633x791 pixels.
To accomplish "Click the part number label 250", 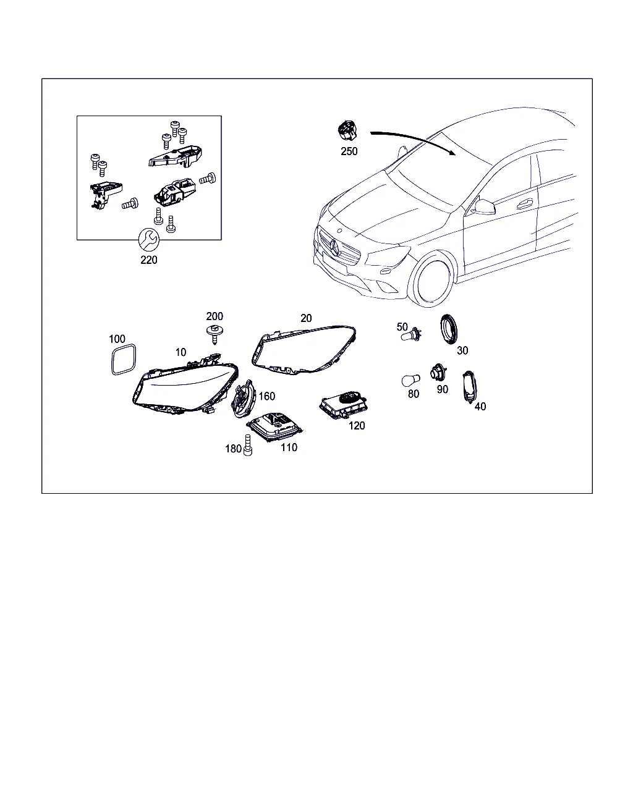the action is coord(349,151).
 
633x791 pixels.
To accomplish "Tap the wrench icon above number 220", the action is coord(148,240).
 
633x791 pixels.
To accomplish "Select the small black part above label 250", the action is coord(347,130).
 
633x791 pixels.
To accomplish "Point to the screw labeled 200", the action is coord(215,334).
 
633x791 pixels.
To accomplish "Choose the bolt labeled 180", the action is coord(247,445).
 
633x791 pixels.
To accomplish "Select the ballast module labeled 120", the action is coord(343,405).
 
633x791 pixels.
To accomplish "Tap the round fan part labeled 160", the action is coord(243,399).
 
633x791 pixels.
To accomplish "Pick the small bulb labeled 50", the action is coord(410,335).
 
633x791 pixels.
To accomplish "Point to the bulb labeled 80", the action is coord(410,381).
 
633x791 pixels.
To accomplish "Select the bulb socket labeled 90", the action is coord(438,373).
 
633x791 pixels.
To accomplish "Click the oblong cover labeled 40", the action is coord(469,387).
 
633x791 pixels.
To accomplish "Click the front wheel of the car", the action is coord(433,278).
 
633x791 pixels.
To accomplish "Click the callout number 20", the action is coord(306,318).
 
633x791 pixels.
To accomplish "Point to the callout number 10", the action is coord(181,352).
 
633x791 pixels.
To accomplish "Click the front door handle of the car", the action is coord(524,203).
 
